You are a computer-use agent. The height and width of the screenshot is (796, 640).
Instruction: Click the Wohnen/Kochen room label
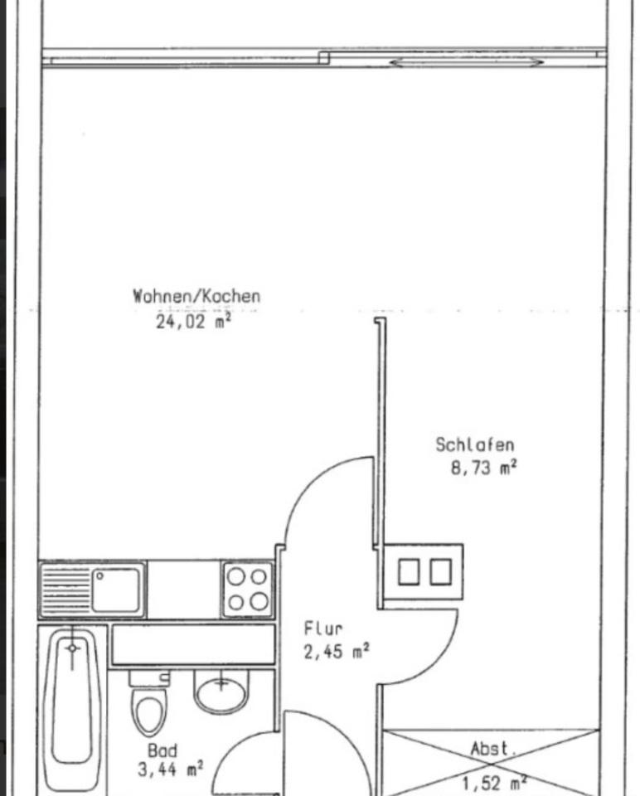(x=196, y=296)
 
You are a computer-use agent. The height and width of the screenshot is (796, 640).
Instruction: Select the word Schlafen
(x=475, y=445)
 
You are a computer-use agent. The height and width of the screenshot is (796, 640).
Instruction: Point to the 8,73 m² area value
(x=483, y=468)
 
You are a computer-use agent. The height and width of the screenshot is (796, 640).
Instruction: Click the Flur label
(x=322, y=629)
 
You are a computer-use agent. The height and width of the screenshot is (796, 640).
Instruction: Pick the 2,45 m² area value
(x=337, y=652)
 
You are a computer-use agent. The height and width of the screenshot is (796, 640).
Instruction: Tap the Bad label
(x=162, y=750)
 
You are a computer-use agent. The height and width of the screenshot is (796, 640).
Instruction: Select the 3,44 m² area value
(x=171, y=770)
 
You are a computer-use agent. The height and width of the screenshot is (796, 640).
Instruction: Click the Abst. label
(x=493, y=750)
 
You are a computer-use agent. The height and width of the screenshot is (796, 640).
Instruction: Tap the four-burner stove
(x=247, y=589)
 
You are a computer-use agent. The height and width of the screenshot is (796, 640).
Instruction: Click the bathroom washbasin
(x=221, y=692)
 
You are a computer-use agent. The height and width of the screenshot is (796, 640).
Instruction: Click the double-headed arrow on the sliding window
(x=468, y=62)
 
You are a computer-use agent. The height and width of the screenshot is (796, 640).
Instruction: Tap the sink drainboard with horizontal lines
(x=65, y=589)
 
